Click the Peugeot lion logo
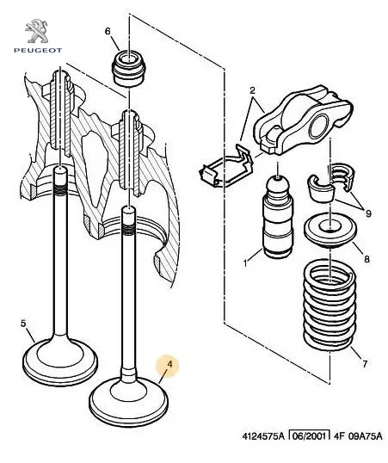pos(36,31)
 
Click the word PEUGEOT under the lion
pos(38,51)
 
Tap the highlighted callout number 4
pos(169,364)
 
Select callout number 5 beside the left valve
pos(23,324)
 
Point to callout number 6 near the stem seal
pos(108,31)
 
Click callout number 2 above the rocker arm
pos(252,90)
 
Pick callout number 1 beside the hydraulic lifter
pos(245,262)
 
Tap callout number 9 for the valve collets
pos(368,213)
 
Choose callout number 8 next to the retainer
pos(366,259)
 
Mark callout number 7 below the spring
pos(365,364)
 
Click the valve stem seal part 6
pos(128,68)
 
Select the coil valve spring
pos(329,304)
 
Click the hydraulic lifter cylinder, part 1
pos(278,217)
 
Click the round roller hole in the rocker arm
pos(319,127)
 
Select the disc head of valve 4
pos(129,399)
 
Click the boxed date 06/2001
pos(309,435)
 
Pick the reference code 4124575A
pos(263,436)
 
